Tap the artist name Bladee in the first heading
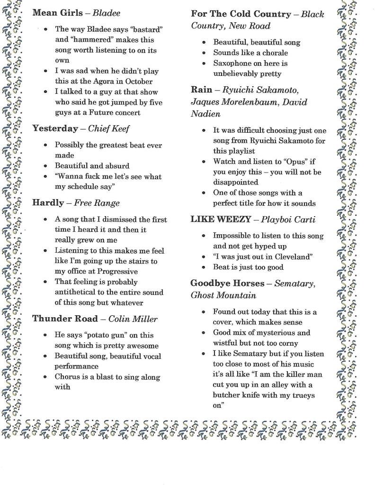106,13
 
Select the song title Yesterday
55,128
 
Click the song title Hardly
48,203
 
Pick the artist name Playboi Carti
288,219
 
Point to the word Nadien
205,114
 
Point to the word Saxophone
234,64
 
